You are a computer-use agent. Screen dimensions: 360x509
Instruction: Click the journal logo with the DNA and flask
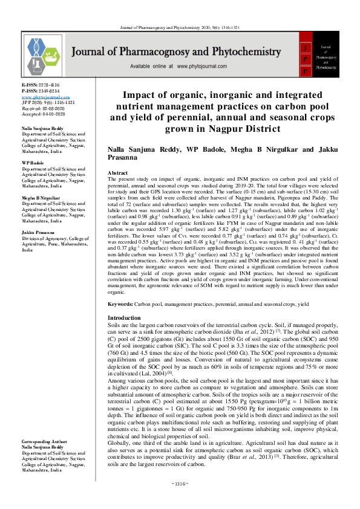click(x=45, y=56)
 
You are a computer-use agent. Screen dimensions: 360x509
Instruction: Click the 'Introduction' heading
click(x=124, y=318)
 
